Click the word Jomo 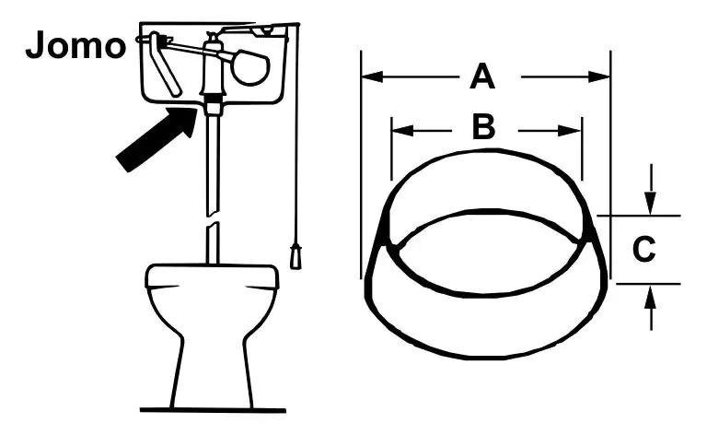tap(75, 45)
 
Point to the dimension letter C tap(643, 249)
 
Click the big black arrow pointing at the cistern tap(156, 139)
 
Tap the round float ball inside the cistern tap(250, 68)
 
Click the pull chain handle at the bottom tap(296, 256)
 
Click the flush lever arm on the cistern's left tap(166, 65)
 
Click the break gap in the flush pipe tap(212, 220)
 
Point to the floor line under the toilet tap(213, 410)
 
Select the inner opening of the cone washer tap(487, 253)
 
